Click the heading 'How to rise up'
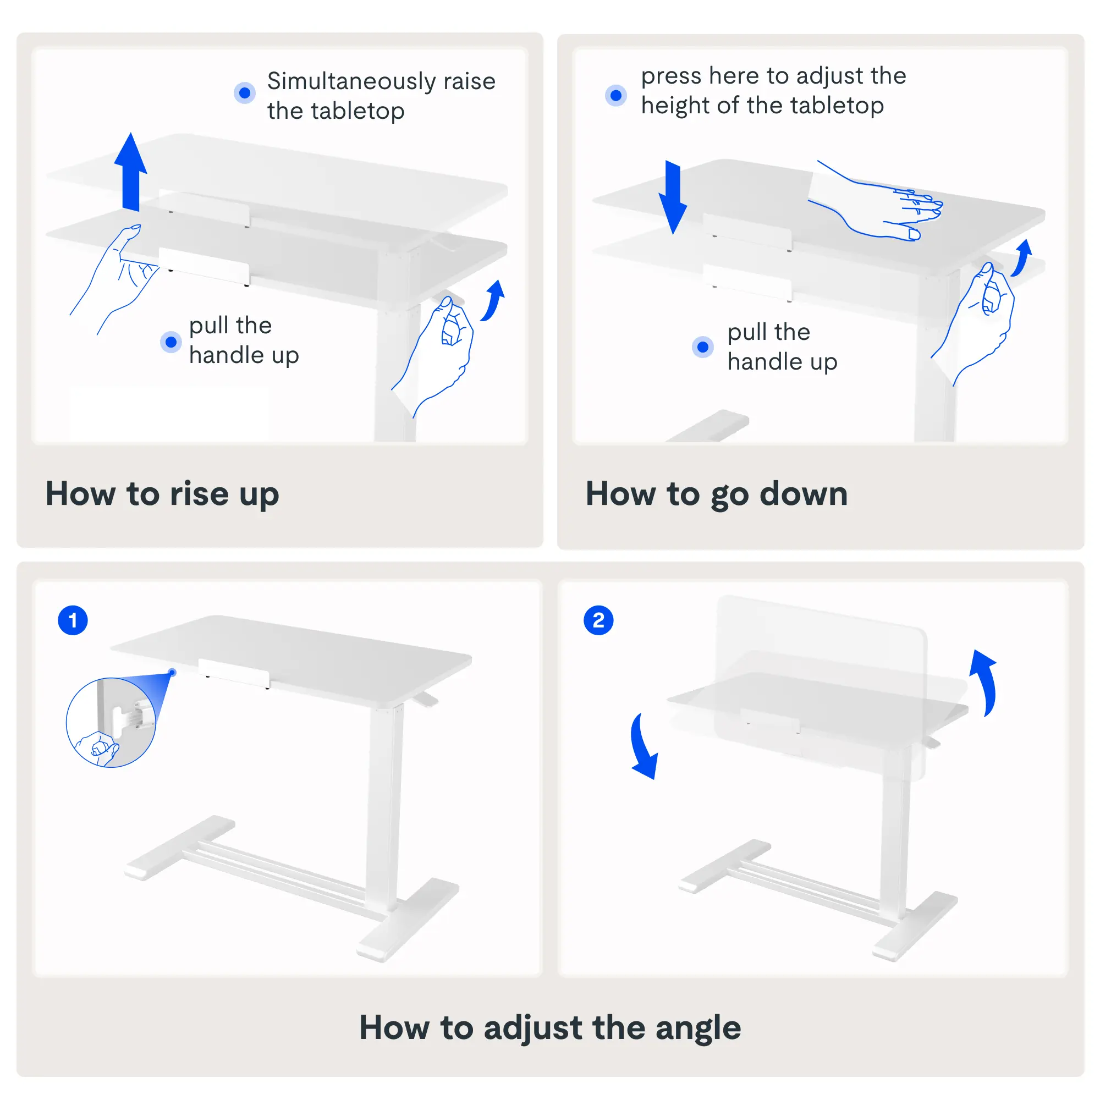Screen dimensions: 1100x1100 [x=162, y=494]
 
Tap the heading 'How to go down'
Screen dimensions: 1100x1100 [x=717, y=494]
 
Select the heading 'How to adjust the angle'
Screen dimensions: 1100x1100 [x=550, y=1028]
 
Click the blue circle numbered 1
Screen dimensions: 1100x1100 [x=73, y=620]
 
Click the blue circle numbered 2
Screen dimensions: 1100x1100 [x=598, y=620]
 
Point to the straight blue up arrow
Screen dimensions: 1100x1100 [x=131, y=172]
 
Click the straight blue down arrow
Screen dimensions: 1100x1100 [x=673, y=197]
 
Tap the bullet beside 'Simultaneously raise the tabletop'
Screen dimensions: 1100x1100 [x=245, y=93]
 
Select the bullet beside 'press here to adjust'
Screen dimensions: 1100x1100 [x=616, y=95]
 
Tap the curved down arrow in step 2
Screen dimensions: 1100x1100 [x=643, y=746]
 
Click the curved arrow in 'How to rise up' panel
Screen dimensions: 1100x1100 [x=493, y=301]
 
